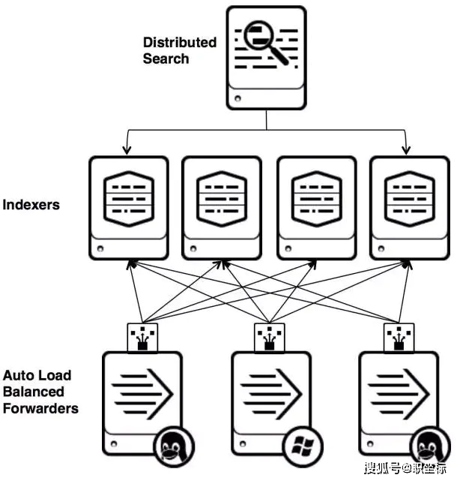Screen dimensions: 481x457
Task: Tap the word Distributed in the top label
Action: click(x=180, y=43)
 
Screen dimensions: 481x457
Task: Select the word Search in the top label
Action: click(x=166, y=59)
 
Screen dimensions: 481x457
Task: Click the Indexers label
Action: click(x=31, y=204)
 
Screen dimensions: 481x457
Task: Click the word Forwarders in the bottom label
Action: click(x=41, y=409)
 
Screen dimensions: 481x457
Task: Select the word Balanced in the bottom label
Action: click(x=34, y=392)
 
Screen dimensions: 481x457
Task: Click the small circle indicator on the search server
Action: click(x=237, y=98)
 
